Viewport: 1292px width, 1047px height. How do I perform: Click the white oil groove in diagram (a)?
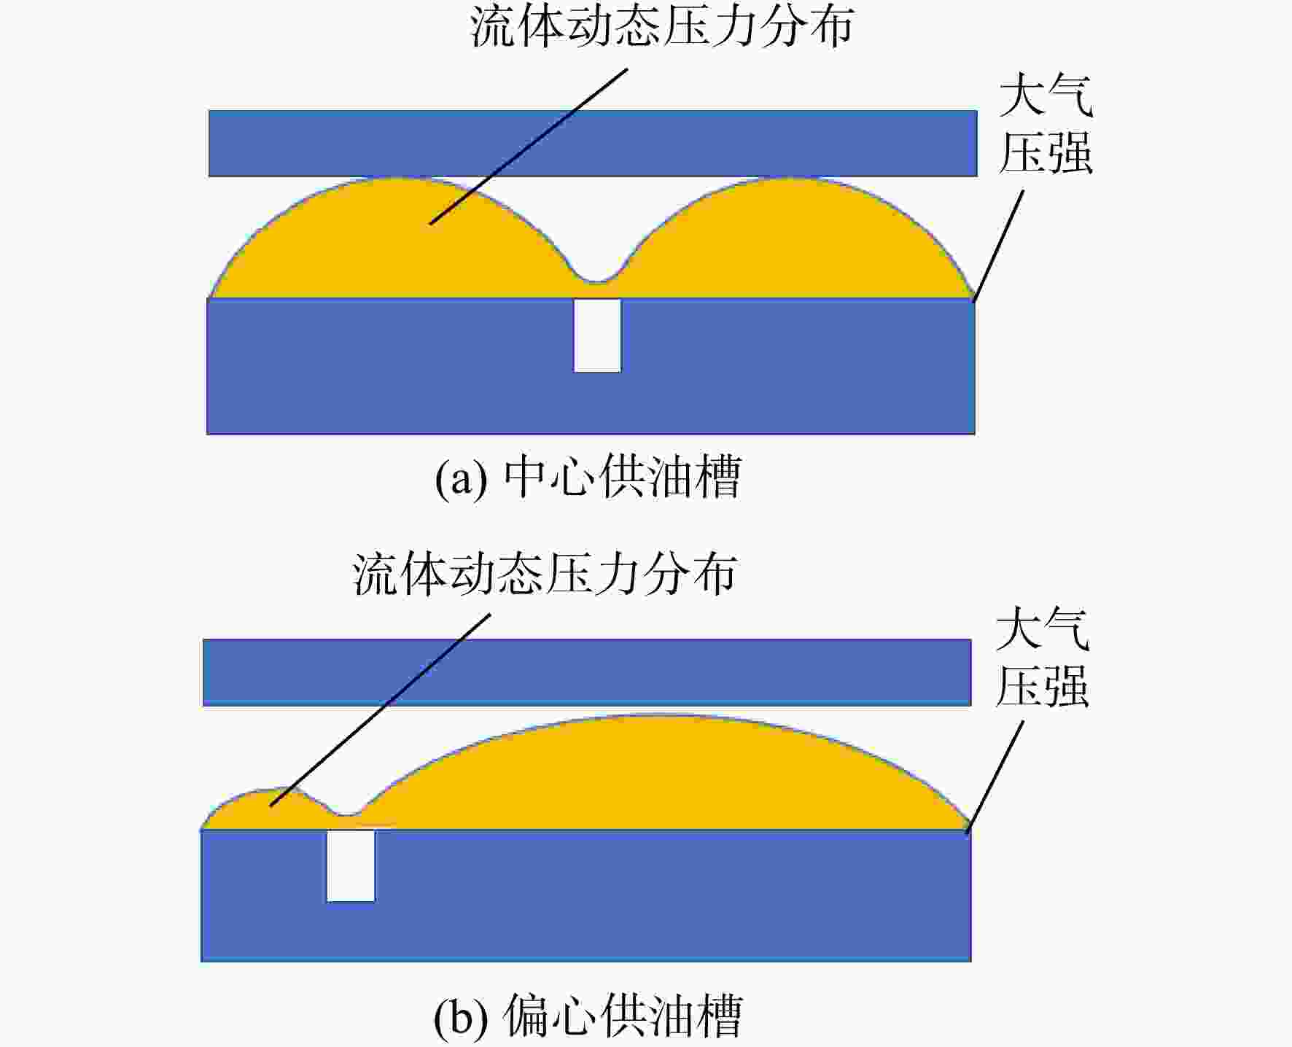(597, 335)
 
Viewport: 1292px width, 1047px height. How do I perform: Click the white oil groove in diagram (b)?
(351, 866)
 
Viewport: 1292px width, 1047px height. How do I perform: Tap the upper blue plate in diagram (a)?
(593, 144)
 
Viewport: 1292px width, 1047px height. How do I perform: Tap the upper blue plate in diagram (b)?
(587, 672)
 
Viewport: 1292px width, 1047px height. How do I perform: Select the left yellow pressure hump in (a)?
(394, 241)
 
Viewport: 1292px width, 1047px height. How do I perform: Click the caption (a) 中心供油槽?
(588, 478)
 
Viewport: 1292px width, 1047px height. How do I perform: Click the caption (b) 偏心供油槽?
(588, 1016)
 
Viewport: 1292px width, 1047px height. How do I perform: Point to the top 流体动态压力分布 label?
(661, 28)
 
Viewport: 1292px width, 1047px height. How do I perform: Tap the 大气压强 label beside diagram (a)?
(1046, 125)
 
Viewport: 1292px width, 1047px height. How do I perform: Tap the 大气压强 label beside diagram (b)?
(1043, 658)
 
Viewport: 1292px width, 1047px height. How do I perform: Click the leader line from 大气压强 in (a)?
(998, 246)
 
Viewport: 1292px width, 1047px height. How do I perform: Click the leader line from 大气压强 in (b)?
(995, 777)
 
